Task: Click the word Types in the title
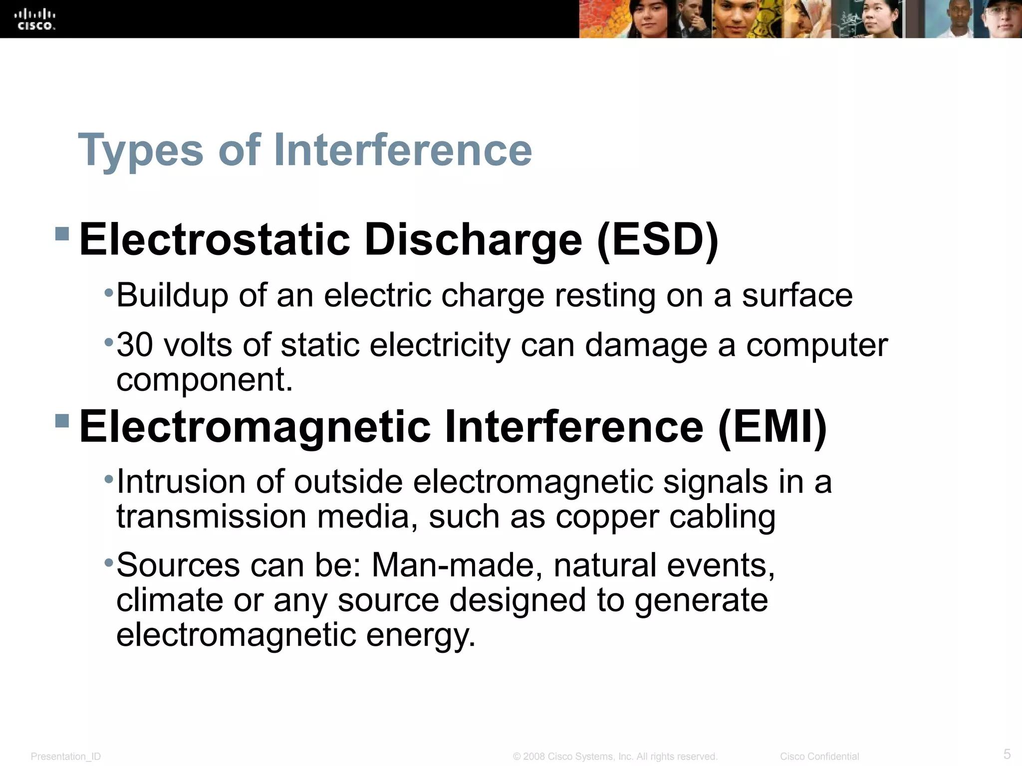pos(141,151)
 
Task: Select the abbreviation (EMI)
pos(772,427)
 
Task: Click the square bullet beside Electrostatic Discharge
pos(62,233)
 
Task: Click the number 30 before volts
pos(134,345)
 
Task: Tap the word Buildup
pos(172,296)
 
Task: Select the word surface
pos(797,295)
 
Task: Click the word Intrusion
pos(181,482)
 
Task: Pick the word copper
pos(607,518)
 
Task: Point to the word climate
pos(169,600)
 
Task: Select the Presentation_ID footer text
pos(66,757)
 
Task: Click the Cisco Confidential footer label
pos(819,757)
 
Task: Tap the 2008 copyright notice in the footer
pos(615,757)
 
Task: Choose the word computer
pos(817,345)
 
